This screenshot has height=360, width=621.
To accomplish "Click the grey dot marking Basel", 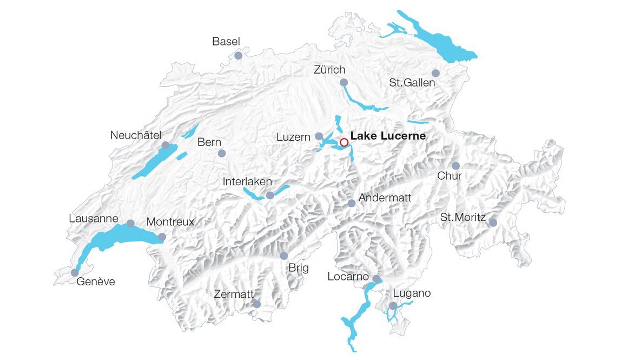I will (238, 55).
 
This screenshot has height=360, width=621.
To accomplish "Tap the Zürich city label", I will (329, 70).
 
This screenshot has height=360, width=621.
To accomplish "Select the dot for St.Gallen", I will (435, 73).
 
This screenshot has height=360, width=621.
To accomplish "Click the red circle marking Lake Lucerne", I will (343, 142).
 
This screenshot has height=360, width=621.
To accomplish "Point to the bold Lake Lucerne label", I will (388, 136).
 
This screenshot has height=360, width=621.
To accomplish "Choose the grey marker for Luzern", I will (319, 136).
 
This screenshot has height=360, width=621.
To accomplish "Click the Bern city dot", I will (221, 153).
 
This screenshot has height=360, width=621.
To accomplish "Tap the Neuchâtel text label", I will (136, 134).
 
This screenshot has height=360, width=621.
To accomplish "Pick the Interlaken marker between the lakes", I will (270, 195).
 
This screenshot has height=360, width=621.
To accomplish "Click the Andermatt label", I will (385, 198).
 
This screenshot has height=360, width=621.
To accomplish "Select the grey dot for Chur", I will (455, 166).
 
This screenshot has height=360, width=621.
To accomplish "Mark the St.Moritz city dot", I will (493, 222).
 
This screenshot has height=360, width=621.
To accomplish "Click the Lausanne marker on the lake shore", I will (130, 223).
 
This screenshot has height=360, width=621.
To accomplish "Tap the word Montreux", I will (170, 222).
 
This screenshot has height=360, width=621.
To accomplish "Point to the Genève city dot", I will (75, 272).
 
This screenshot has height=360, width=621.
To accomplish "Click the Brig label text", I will (299, 267).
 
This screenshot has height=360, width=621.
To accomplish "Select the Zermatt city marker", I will (257, 304).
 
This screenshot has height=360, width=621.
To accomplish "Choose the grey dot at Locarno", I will (376, 279).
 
